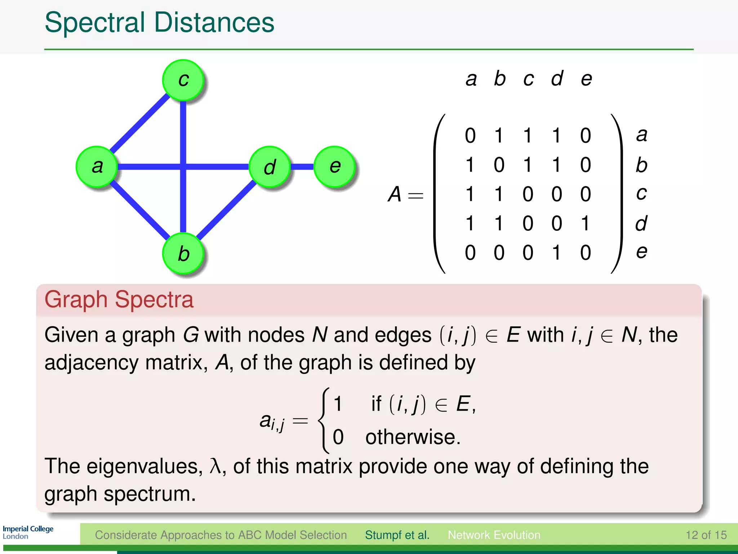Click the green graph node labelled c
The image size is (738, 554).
183,80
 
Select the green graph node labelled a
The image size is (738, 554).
97,166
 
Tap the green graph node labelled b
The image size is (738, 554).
183,253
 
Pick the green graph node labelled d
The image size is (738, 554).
270,167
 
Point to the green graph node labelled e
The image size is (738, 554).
335,166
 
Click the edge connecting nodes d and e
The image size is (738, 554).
302,167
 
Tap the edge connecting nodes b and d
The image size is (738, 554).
226,210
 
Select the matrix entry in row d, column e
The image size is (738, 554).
586,223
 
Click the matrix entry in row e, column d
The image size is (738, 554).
557,252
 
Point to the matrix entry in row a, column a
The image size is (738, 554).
470,136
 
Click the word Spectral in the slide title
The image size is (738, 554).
95,22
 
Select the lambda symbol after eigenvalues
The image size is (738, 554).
215,466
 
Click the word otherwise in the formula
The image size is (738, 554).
413,437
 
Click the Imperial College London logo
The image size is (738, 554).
28,532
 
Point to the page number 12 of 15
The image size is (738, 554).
706,535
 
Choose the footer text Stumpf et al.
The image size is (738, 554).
397,535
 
